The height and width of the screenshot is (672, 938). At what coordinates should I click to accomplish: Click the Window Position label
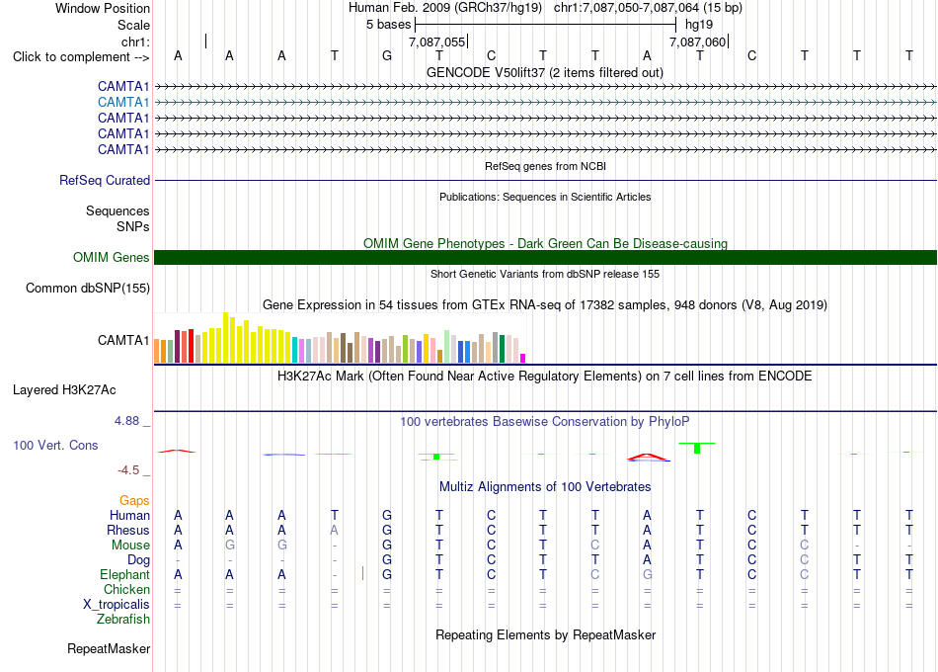click(x=103, y=8)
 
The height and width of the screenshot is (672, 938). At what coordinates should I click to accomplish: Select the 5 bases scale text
click(x=389, y=25)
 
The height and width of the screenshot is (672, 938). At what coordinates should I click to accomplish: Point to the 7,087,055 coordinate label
click(x=436, y=42)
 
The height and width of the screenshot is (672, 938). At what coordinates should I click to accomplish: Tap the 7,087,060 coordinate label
click(x=697, y=42)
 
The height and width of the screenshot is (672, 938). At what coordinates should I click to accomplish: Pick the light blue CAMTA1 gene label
click(x=123, y=103)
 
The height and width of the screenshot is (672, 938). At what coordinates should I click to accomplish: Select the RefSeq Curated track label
click(x=105, y=180)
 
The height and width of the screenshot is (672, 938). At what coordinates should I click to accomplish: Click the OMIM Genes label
click(x=112, y=258)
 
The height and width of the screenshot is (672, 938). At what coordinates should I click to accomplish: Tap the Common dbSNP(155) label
click(x=88, y=289)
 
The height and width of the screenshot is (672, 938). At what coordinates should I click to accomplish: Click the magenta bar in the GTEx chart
click(x=523, y=358)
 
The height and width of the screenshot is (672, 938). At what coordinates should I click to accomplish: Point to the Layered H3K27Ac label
click(x=64, y=390)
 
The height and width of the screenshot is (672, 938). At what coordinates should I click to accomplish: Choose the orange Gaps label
click(x=134, y=501)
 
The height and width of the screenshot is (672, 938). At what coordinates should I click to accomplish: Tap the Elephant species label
click(x=124, y=575)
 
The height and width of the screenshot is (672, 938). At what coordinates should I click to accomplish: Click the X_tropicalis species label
click(x=117, y=605)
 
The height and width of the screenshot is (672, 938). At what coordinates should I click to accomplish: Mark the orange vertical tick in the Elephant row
click(x=362, y=574)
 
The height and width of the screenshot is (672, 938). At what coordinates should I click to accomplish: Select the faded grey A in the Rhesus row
click(x=335, y=530)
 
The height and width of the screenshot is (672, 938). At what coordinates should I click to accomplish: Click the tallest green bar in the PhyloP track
click(x=697, y=448)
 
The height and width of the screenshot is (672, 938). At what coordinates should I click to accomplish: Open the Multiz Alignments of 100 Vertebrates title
click(x=545, y=487)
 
